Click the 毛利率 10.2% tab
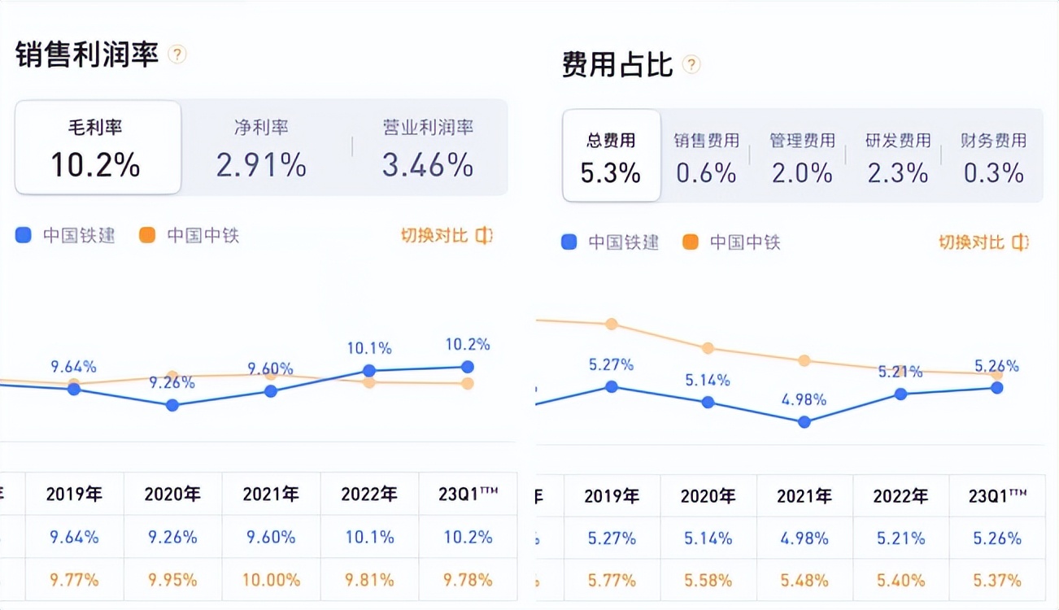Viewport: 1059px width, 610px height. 98,147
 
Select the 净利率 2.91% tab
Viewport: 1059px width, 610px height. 261,147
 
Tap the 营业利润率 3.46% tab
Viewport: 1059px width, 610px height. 428,147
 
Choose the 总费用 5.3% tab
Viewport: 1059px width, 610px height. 611,156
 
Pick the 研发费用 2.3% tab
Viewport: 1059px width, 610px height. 897,156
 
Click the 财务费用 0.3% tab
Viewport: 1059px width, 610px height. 993,156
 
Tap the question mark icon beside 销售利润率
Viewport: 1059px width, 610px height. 177,54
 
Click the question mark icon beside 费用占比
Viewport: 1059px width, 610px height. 691,65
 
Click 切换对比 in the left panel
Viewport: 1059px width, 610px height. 447,236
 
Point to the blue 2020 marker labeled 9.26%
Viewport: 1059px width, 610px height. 172,404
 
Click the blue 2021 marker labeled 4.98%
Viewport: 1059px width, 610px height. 804,421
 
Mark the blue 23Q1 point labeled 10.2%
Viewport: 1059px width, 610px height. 468,367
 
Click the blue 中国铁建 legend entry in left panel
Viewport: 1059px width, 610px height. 67,236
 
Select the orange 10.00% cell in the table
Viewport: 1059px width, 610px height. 271,580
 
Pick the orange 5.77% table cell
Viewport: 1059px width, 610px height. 612,581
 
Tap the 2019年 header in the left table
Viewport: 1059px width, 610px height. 74,494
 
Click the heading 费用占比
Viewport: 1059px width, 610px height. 617,65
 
